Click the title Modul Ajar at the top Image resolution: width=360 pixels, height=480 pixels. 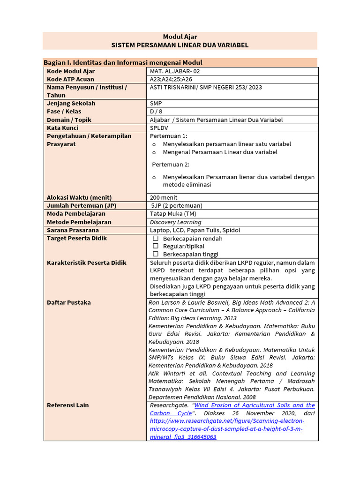[180, 37]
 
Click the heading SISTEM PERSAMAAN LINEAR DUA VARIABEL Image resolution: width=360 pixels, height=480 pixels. [180, 45]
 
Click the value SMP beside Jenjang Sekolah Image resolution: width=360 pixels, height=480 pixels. [156, 103]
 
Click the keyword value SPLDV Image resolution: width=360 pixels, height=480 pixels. [159, 128]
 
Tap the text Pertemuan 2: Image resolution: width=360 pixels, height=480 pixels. [170, 165]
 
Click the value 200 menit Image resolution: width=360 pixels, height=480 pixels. [164, 197]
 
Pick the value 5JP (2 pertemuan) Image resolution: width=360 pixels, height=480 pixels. [177, 206]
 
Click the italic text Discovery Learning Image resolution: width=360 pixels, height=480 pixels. [175, 222]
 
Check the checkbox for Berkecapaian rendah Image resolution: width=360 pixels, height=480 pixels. [156, 239]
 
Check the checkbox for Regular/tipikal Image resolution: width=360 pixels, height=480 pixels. [156, 246]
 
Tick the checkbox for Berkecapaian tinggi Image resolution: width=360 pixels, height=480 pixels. [156, 254]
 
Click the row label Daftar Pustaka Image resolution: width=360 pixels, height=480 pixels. [69, 303]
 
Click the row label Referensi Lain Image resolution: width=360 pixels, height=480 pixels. [67, 405]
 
